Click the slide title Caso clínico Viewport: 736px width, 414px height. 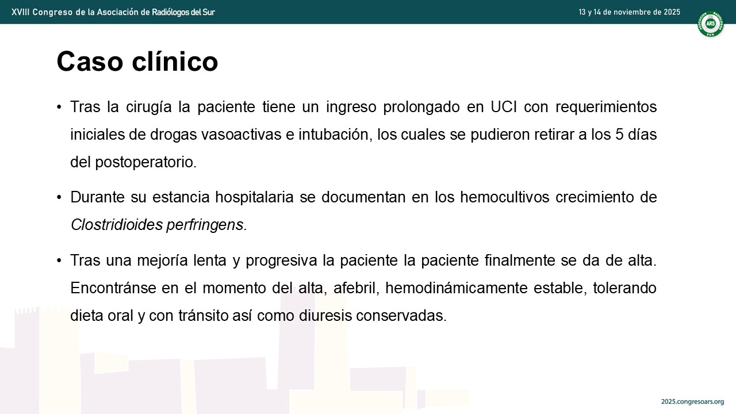(x=137, y=62)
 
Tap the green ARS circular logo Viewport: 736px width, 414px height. (x=710, y=24)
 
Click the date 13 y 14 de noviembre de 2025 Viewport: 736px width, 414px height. (x=629, y=12)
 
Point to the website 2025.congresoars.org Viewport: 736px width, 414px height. (x=692, y=401)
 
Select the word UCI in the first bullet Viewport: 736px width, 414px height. (x=504, y=107)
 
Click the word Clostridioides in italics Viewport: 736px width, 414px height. (x=117, y=225)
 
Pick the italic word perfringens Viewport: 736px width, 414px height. (x=206, y=225)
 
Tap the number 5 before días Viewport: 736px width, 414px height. (x=619, y=135)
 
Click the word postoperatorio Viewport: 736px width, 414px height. (x=146, y=162)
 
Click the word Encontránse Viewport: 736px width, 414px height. (x=113, y=288)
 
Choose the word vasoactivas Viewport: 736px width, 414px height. (x=241, y=135)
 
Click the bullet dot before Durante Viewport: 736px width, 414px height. (x=59, y=197)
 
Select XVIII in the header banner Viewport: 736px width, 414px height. (x=20, y=12)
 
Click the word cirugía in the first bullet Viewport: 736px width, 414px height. (x=148, y=107)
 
